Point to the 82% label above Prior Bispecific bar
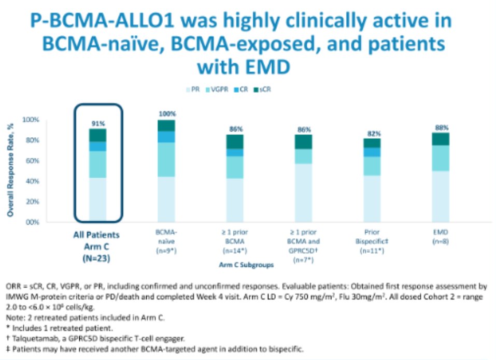pos(373,133)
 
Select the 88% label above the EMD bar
pos(442,127)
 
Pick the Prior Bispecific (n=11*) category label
pos(372,241)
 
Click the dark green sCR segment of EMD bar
pos(442,139)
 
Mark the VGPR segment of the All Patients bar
pos(97,164)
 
